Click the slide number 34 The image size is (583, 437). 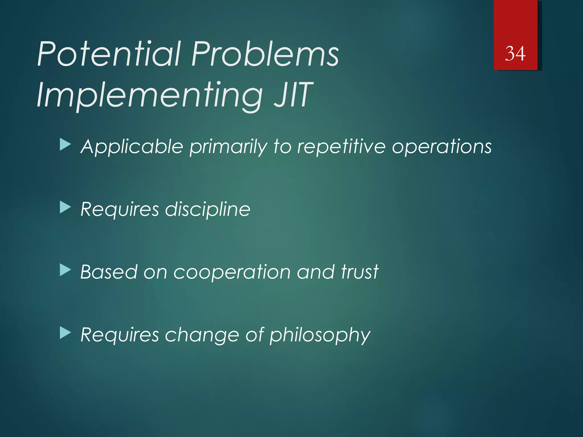pyautogui.click(x=515, y=53)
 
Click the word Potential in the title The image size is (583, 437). pyautogui.click(x=109, y=54)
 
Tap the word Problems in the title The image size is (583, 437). pyautogui.click(x=265, y=54)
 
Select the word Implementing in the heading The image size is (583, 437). pyautogui.click(x=149, y=95)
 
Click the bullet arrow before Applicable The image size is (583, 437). pyautogui.click(x=65, y=145)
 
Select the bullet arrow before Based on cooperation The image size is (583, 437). pyautogui.click(x=65, y=270)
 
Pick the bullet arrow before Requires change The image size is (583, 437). pyautogui.click(x=65, y=333)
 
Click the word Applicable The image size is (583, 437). pyautogui.click(x=132, y=147)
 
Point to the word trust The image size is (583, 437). pyautogui.click(x=360, y=272)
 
